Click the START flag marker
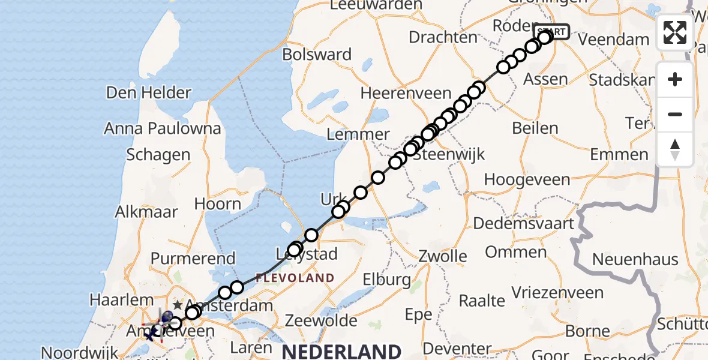click(x=551, y=31)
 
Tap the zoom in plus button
click(x=675, y=79)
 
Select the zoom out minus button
click(x=675, y=114)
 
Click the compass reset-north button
click(x=675, y=149)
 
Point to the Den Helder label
click(x=149, y=92)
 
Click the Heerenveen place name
click(x=406, y=93)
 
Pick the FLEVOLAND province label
click(x=295, y=278)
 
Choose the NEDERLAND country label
click(x=342, y=351)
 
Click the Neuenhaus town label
click(x=635, y=260)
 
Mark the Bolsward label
click(x=325, y=55)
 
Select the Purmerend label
click(x=193, y=259)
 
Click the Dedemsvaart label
click(x=523, y=224)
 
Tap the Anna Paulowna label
click(x=163, y=128)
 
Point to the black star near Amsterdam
click(x=177, y=305)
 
